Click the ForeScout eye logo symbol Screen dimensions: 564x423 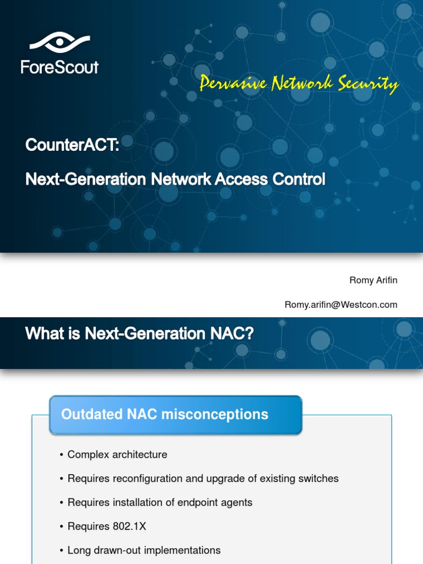(59, 43)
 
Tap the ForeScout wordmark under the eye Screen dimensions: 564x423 (59, 67)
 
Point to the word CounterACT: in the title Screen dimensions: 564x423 (72, 145)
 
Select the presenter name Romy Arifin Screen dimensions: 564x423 (373, 280)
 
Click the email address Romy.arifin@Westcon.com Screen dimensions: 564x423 (340, 305)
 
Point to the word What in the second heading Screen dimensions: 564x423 (44, 333)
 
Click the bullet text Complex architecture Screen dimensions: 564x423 (117, 454)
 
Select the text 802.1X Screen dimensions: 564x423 (129, 526)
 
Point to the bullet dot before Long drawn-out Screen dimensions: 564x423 (62, 550)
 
